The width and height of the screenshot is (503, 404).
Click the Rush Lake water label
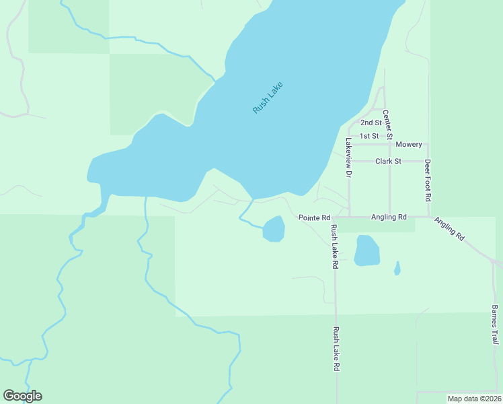point(268,98)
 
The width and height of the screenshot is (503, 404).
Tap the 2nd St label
point(371,123)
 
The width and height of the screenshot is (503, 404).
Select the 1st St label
point(369,136)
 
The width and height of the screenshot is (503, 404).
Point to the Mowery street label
point(409,145)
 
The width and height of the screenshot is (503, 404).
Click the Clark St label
point(388,162)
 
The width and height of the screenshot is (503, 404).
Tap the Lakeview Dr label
point(348,158)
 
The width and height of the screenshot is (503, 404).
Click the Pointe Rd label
point(314,218)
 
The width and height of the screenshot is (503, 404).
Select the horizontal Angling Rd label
point(389,217)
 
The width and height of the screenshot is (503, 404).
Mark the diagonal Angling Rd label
point(449,229)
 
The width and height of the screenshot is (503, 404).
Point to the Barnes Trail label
point(494,325)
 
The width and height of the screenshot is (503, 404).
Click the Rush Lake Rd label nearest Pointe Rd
point(334,247)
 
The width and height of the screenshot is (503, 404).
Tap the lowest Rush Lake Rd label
point(336,350)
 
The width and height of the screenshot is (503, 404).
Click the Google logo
point(22,396)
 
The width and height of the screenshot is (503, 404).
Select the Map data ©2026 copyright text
point(474,399)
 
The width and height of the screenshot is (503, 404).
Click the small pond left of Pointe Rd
point(274,229)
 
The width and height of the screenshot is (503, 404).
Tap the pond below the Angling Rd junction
point(367,250)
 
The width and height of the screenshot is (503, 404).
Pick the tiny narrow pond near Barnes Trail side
point(397,269)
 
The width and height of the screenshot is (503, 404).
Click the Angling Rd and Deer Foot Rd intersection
point(428,217)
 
